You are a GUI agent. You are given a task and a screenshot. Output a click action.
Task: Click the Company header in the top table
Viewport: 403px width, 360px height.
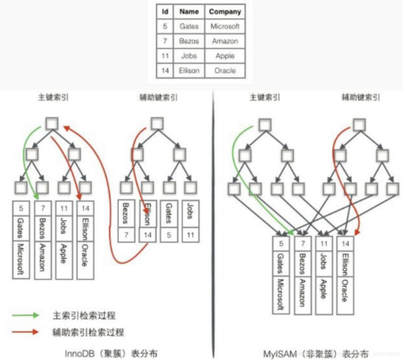click(225, 12)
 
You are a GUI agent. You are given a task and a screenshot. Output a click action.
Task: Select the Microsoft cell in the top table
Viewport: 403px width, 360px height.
click(225, 26)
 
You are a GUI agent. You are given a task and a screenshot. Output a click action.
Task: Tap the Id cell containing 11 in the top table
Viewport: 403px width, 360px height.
click(165, 56)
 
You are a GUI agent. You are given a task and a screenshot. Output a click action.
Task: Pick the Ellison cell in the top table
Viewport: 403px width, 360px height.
click(189, 71)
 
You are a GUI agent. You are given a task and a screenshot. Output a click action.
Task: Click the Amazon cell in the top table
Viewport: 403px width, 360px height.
click(225, 41)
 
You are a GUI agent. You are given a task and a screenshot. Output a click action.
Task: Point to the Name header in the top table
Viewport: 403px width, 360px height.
click(189, 12)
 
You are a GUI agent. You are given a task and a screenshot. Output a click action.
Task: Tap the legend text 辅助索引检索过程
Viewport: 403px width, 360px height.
click(88, 332)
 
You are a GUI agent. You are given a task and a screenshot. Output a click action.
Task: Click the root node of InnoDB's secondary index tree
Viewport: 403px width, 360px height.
click(157, 123)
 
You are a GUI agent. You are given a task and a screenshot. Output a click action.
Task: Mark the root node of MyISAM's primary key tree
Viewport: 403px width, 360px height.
click(265, 124)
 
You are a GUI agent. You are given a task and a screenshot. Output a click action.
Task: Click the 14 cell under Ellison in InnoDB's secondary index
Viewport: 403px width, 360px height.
click(147, 235)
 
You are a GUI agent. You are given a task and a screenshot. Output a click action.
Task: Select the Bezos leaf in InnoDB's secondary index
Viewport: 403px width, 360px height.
click(126, 214)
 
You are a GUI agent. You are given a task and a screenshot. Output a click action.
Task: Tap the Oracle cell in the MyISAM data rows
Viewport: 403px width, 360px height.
click(345, 295)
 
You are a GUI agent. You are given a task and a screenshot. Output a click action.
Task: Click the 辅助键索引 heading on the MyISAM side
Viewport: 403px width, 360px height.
click(361, 97)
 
